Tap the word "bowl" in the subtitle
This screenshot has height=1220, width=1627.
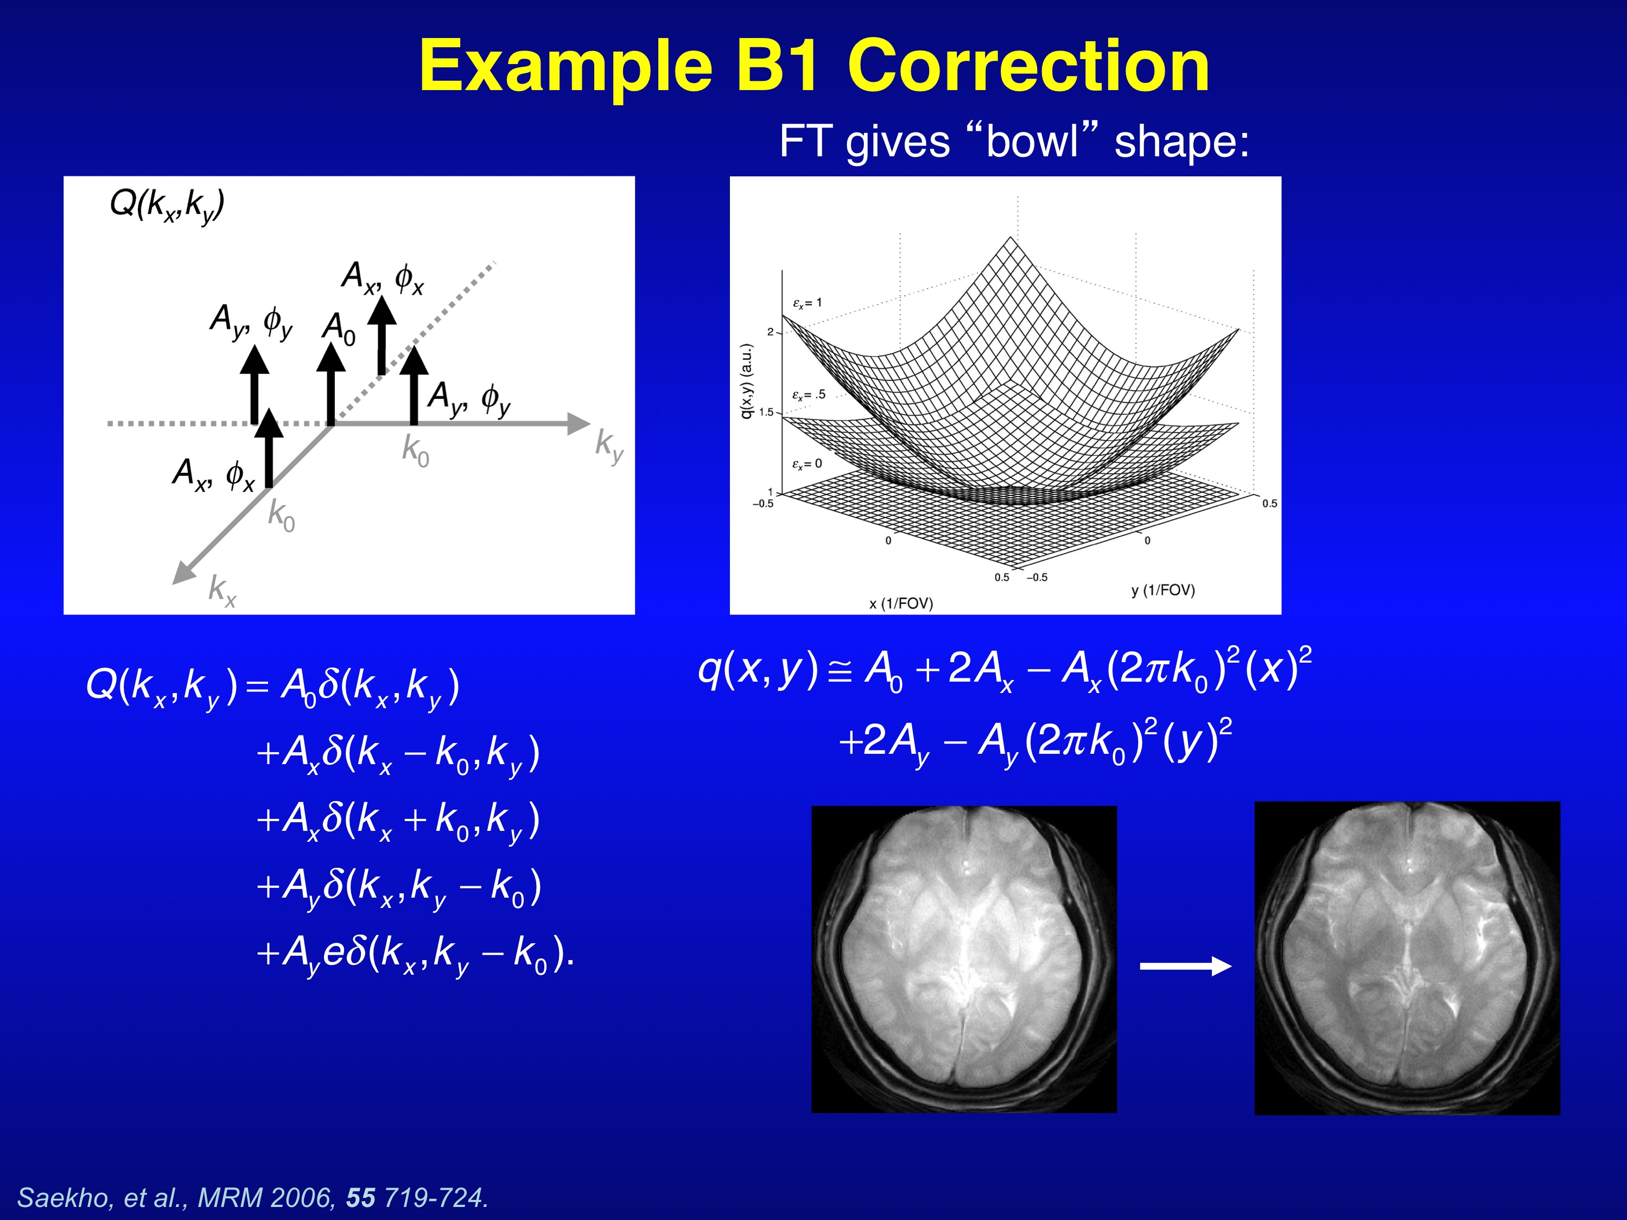point(1032,141)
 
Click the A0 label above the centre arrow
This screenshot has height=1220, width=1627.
point(339,329)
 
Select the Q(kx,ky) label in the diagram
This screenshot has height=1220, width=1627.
point(167,205)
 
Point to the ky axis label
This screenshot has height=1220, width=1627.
point(609,446)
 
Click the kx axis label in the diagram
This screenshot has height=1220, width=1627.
point(222,590)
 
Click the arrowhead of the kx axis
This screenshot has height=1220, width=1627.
point(184,573)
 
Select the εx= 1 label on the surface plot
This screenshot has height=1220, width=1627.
point(808,302)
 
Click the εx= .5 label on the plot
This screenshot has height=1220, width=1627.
point(809,395)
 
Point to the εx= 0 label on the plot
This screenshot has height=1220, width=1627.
point(807,464)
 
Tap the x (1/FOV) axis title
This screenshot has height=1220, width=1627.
point(901,603)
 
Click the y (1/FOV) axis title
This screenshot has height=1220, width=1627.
point(1163,590)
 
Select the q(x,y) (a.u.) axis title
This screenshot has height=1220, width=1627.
point(747,381)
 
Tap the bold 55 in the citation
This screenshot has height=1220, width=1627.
point(360,1197)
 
